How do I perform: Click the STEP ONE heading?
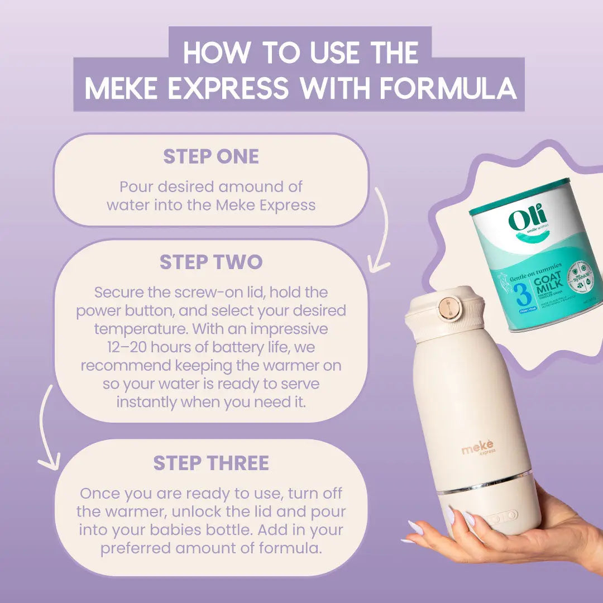click(x=210, y=157)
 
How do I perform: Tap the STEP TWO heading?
click(x=210, y=262)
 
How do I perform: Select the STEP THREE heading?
click(x=210, y=463)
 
